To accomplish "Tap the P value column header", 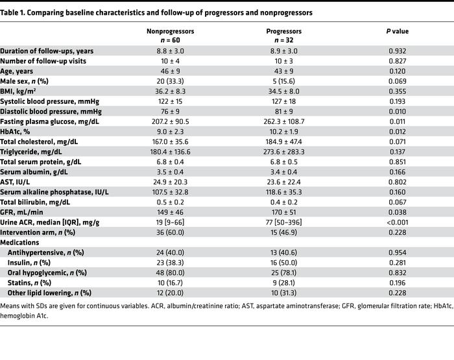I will pyautogui.click(x=397, y=30).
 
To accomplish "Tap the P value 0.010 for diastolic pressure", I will pyautogui.click(x=397, y=111).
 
